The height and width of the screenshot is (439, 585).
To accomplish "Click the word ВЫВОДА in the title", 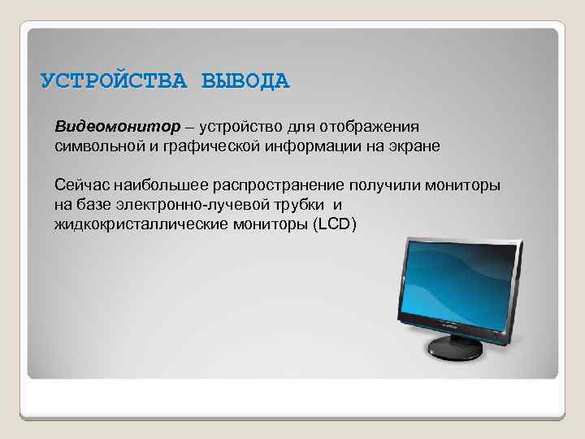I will (x=245, y=82).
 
